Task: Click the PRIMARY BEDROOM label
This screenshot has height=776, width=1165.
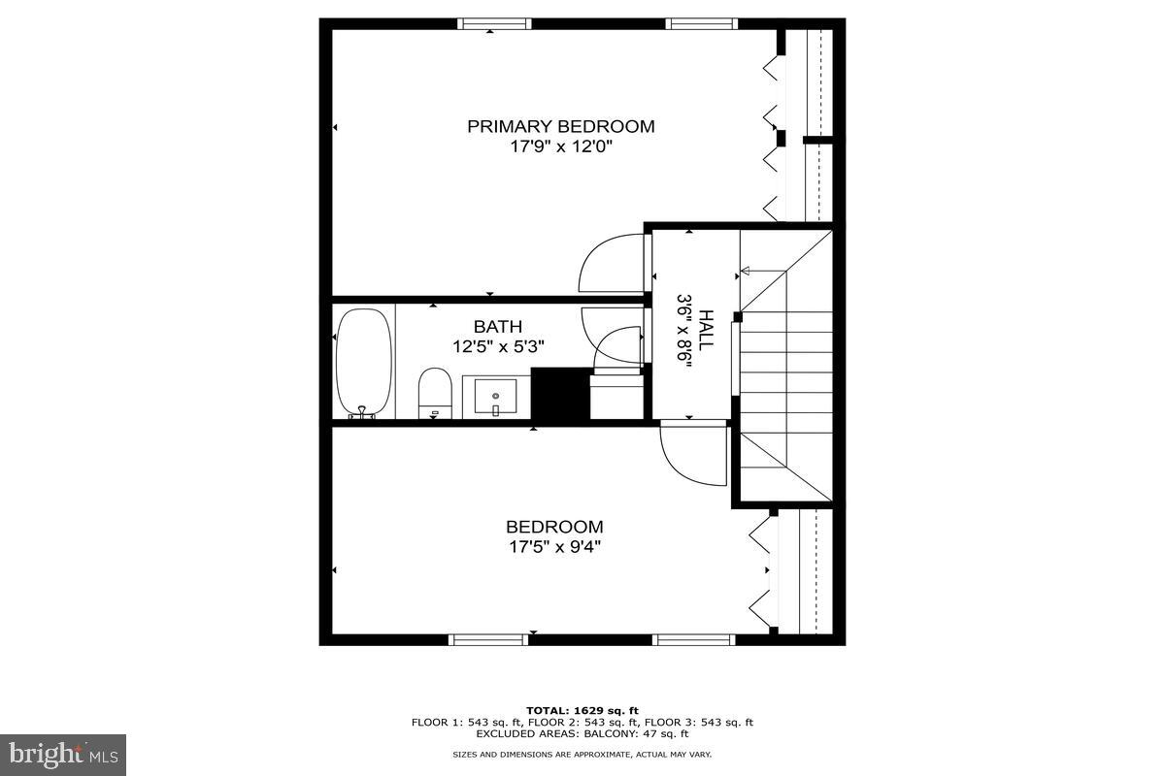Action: pyautogui.click(x=560, y=126)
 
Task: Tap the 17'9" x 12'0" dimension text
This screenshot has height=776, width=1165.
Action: pyautogui.click(x=560, y=147)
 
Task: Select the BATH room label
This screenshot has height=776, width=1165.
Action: pyautogui.click(x=498, y=327)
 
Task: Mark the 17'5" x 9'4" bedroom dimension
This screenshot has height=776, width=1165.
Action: pyautogui.click(x=553, y=546)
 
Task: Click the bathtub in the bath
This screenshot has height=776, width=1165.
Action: pyautogui.click(x=364, y=362)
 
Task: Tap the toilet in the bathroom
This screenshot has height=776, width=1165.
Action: pyautogui.click(x=436, y=393)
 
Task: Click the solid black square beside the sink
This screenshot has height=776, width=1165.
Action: pyautogui.click(x=560, y=395)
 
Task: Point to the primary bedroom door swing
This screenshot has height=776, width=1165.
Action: pyautogui.click(x=611, y=263)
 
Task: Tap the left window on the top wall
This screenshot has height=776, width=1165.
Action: pyautogui.click(x=494, y=24)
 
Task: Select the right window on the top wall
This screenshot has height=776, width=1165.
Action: pyautogui.click(x=702, y=24)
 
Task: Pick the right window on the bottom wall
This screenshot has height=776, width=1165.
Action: pyautogui.click(x=694, y=639)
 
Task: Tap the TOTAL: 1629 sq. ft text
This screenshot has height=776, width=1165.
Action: pyautogui.click(x=582, y=711)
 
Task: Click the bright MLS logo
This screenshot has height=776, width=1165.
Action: pyautogui.click(x=63, y=754)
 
